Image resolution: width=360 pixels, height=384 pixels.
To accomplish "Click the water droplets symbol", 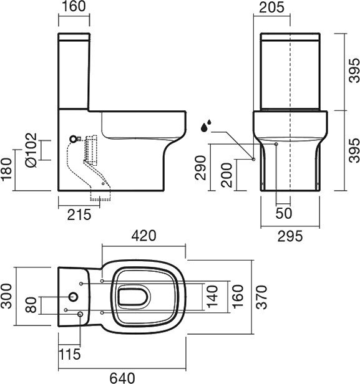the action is tap(206, 126).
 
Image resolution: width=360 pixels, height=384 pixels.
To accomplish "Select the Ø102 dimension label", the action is tap(31, 150).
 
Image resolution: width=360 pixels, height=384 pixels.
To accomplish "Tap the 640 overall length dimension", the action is tap(122, 378).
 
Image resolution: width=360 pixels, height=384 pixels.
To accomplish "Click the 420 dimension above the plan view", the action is tap(144, 236).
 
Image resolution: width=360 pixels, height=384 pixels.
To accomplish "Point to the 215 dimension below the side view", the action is tap(79, 215).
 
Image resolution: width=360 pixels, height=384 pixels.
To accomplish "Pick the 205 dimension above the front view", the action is tap(272, 7).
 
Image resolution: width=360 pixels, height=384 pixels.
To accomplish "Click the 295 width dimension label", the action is tap(290, 236).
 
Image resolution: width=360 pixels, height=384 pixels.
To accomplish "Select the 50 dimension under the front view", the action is tap(284, 213).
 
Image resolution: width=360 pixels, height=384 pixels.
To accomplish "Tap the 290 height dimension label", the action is tap(200, 168).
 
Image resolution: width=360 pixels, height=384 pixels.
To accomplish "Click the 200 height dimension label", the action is tap(226, 175).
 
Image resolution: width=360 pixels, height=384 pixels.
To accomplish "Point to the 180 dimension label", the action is tap(7, 170).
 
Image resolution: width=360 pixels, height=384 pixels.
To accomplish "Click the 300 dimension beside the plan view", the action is tap(6, 296).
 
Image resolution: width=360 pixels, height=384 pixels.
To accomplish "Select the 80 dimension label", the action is tap(31, 305).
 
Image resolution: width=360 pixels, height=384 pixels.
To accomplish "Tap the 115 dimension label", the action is tap(69, 354).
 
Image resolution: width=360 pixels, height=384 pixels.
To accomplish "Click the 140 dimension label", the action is tap(212, 296).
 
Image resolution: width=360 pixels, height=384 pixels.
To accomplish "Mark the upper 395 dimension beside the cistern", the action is tap(354, 70).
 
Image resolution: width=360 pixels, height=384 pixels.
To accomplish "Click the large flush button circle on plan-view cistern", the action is tap(73, 297).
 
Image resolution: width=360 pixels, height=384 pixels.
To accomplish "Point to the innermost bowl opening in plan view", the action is tap(134, 297).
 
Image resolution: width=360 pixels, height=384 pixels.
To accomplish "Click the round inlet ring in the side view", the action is tap(73, 139).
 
